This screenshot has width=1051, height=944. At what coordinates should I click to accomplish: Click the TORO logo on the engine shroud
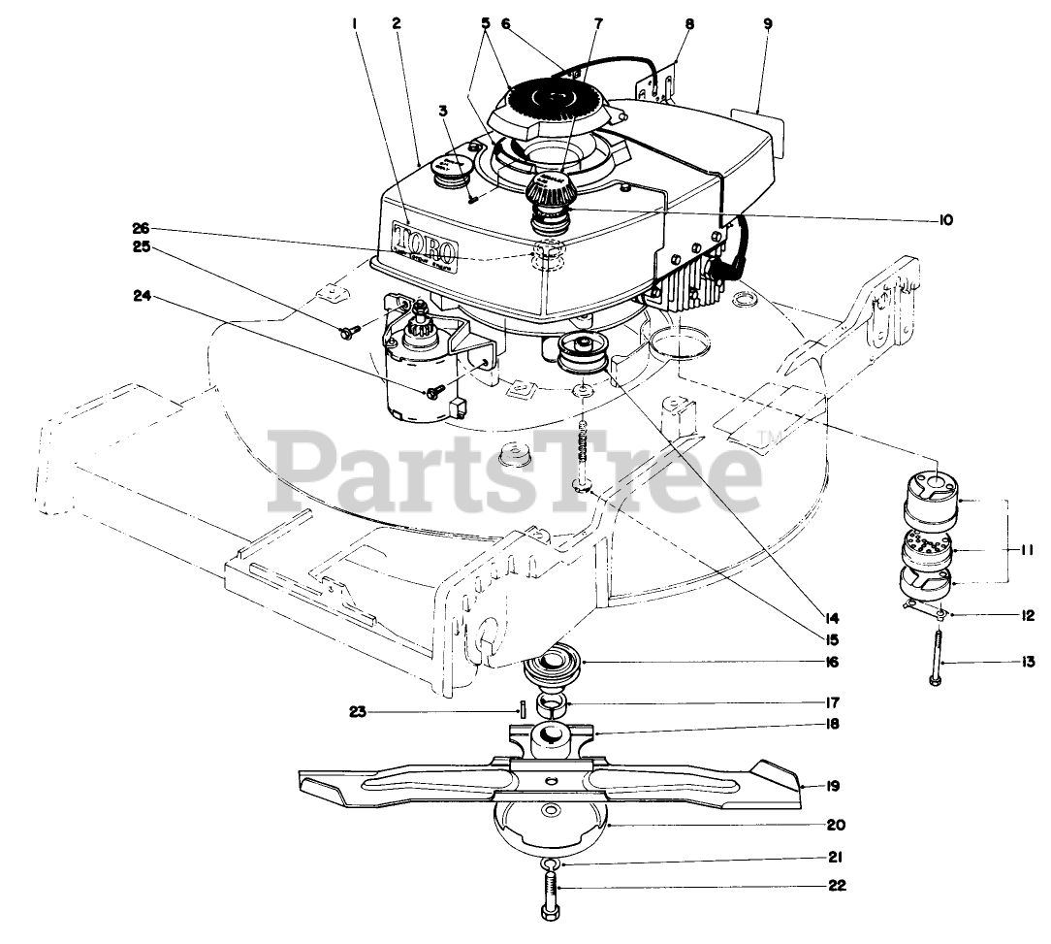(x=437, y=242)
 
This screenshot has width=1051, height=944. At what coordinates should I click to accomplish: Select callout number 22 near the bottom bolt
(x=837, y=885)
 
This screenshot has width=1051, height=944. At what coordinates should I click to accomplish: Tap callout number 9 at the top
(x=768, y=23)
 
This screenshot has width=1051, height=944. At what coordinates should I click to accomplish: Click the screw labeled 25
(x=346, y=331)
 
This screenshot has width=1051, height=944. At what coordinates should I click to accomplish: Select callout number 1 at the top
(x=356, y=23)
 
